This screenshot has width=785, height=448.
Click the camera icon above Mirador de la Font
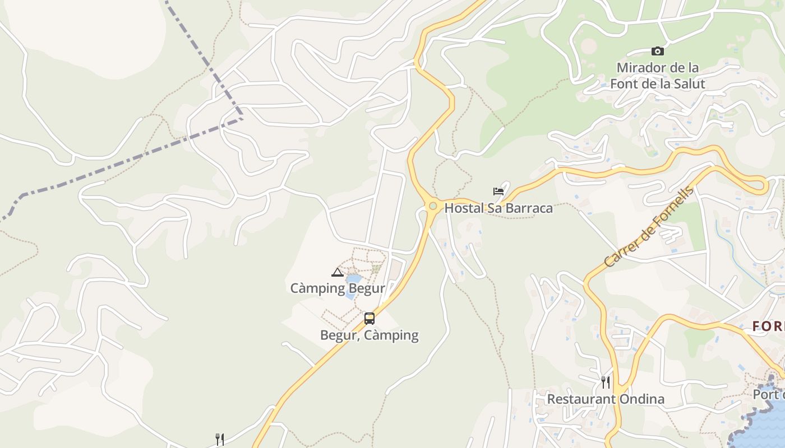pyautogui.click(x=657, y=52)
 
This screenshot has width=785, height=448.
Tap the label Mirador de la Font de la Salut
pyautogui.click(x=657, y=76)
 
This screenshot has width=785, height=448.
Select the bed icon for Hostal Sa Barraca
pyautogui.click(x=498, y=192)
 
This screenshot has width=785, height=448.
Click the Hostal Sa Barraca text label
pyautogui.click(x=498, y=208)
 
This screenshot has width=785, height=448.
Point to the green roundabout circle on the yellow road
pyautogui.click(x=433, y=206)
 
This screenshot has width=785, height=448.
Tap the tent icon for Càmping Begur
pyautogui.click(x=337, y=273)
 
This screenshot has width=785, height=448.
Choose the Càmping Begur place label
pyautogui.click(x=338, y=288)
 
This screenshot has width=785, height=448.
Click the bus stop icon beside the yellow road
pyautogui.click(x=369, y=319)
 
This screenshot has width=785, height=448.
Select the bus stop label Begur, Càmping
pyautogui.click(x=369, y=335)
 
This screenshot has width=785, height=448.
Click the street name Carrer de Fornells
pyautogui.click(x=649, y=227)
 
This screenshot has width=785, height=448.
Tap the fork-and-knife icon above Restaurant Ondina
pyautogui.click(x=606, y=382)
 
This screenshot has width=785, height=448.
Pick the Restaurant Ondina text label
pyautogui.click(x=606, y=399)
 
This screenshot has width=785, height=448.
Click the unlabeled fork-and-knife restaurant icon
pyautogui.click(x=220, y=440)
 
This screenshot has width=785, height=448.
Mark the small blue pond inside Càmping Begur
pyautogui.click(x=353, y=279)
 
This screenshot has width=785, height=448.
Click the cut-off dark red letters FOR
pyautogui.click(x=768, y=326)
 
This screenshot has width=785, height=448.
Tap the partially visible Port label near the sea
pyautogui.click(x=768, y=394)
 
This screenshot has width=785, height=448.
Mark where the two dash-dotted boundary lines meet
pyautogui.click(x=242, y=118)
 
